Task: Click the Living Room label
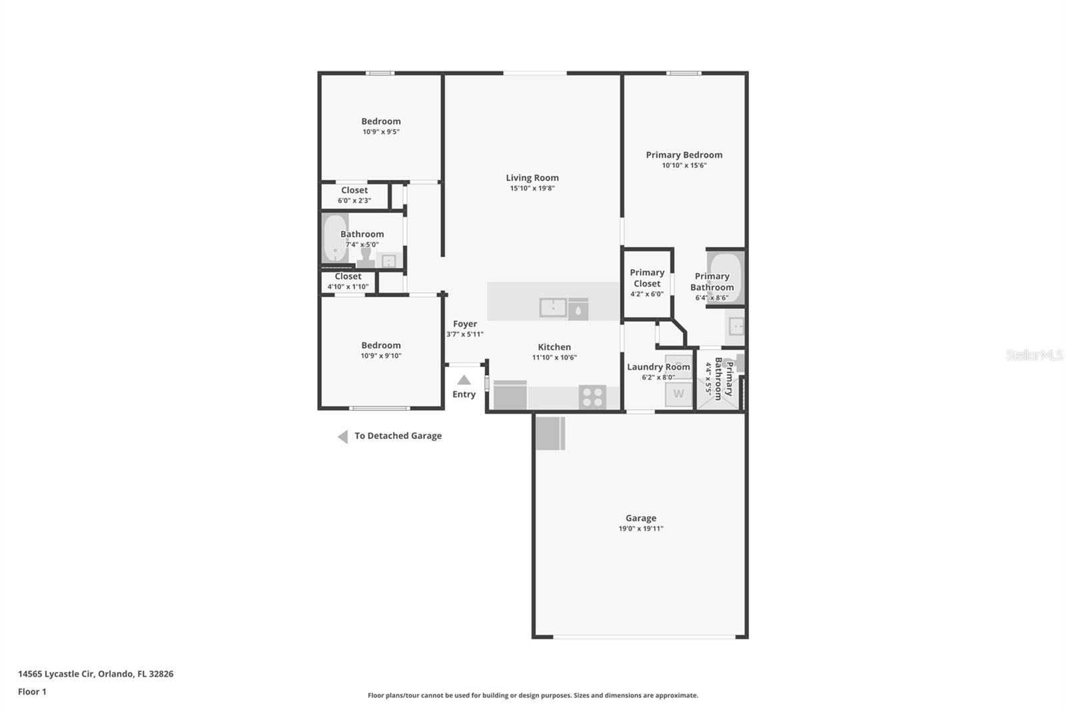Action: [x=532, y=178]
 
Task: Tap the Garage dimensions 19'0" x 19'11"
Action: [x=640, y=529]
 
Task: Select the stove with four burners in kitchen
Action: [x=592, y=397]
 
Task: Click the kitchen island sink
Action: [x=552, y=308]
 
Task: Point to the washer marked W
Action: [x=678, y=394]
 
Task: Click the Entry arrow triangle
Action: [x=464, y=380]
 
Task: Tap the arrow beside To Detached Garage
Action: [x=342, y=437]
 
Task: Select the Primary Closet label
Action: [x=647, y=278]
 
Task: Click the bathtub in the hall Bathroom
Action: [x=334, y=238]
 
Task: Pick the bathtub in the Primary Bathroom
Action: [x=726, y=276]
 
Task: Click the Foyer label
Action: [x=464, y=324]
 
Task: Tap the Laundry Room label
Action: [x=658, y=367]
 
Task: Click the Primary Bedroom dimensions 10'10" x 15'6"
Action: [x=684, y=166]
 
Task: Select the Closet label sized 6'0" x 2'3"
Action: [x=354, y=190]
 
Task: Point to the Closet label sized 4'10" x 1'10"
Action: [x=348, y=276]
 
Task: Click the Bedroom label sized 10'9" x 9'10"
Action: [x=380, y=345]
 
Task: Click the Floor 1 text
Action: [x=32, y=692]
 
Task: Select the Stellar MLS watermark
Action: [x=1034, y=355]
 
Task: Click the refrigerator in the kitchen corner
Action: [x=510, y=396]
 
